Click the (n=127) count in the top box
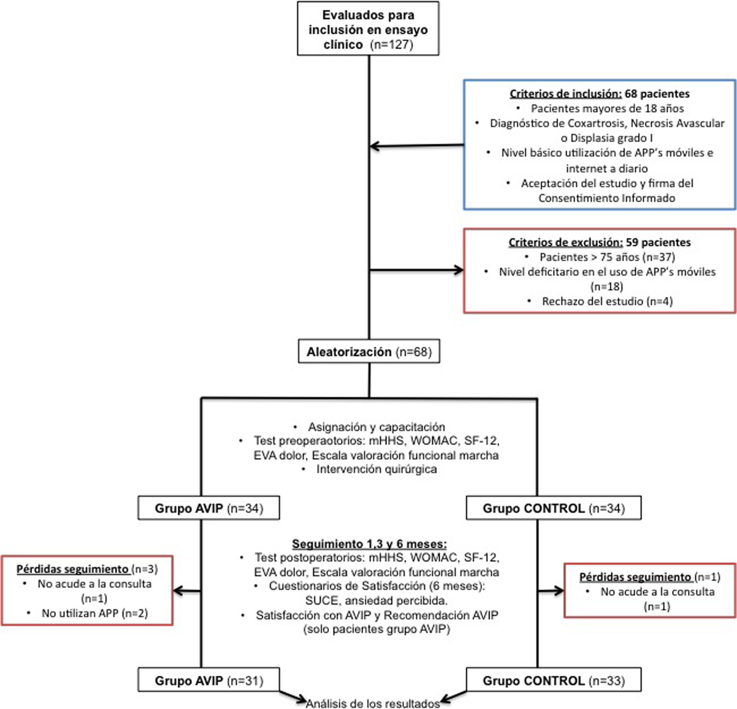(x=391, y=45)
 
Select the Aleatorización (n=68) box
(x=369, y=352)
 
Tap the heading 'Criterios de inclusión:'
(x=565, y=94)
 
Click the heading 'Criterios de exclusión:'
(x=565, y=242)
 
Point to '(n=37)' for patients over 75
(x=659, y=257)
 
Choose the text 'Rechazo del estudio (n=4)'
(x=607, y=301)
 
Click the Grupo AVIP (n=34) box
(x=209, y=508)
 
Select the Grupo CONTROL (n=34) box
(x=554, y=508)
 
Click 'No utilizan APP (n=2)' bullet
(x=94, y=613)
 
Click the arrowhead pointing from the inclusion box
(x=374, y=146)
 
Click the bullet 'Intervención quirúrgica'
(x=376, y=469)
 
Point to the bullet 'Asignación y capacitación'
(x=376, y=427)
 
